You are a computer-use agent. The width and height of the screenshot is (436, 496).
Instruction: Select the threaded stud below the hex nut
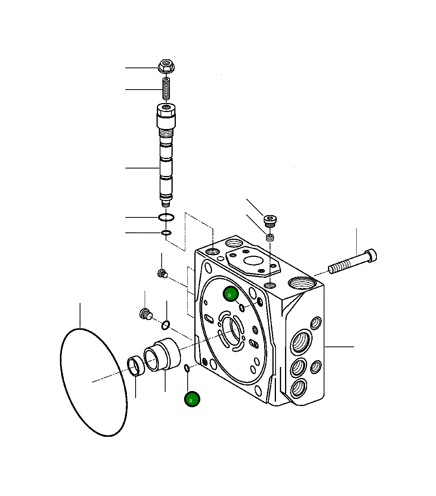point(166,88)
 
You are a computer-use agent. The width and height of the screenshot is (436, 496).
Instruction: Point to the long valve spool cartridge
point(166,155)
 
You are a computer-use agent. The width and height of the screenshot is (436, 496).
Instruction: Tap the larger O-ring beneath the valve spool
point(166,217)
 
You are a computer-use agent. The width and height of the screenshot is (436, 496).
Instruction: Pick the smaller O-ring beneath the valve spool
point(166,232)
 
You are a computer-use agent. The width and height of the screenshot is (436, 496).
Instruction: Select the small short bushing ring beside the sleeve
point(136,366)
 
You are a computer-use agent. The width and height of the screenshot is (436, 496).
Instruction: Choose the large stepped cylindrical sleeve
point(162,354)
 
